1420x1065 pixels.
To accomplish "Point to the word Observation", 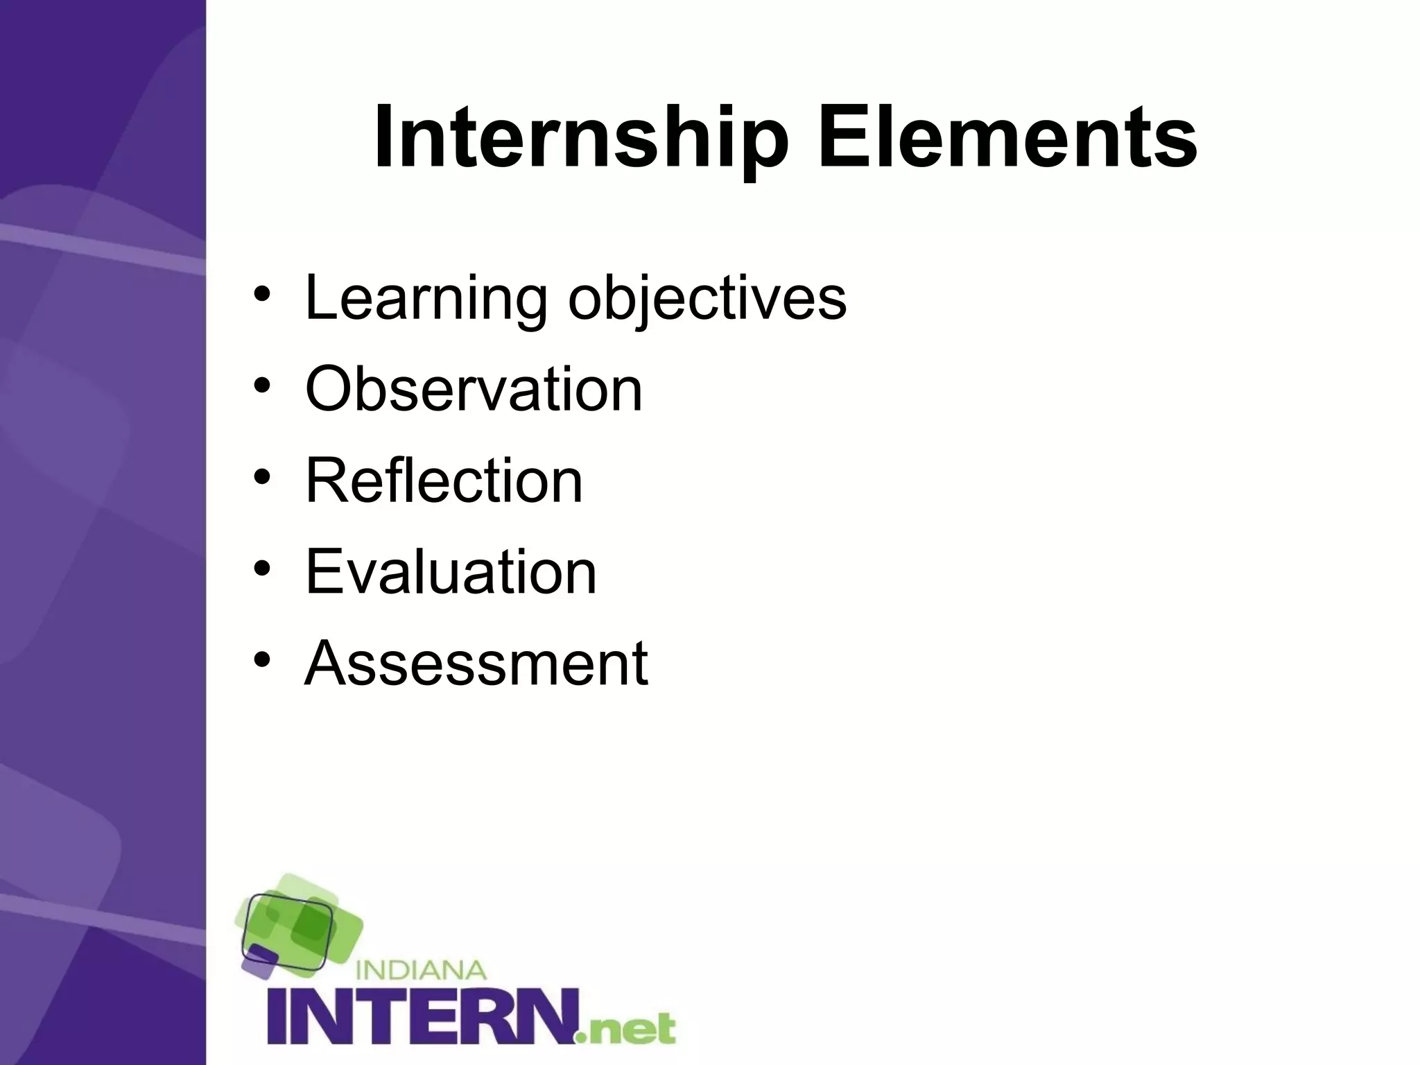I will [474, 390].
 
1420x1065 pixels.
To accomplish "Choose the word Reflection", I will [444, 480].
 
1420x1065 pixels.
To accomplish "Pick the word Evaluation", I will [451, 571].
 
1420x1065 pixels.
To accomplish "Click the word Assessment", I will [476, 663].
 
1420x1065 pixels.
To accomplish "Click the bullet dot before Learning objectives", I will [261, 295].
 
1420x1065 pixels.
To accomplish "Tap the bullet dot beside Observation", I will [261, 386].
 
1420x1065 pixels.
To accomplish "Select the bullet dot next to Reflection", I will [261, 477].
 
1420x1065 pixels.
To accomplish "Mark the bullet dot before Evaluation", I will [261, 568].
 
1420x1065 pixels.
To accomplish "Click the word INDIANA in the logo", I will [421, 969].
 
